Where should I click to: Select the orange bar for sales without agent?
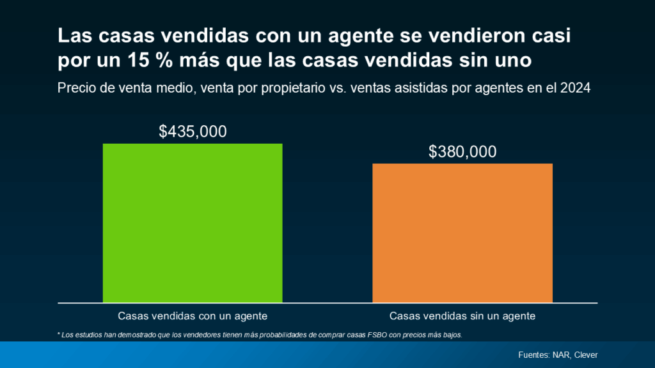[462, 233]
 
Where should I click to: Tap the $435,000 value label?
[193, 132]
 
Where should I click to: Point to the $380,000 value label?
[462, 152]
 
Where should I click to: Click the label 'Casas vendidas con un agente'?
[193, 316]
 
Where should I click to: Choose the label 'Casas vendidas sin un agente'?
[462, 316]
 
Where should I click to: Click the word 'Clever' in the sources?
[586, 355]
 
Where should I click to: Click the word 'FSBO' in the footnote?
[360, 335]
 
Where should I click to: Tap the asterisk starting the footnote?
[59, 334]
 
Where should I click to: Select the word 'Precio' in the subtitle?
[75, 88]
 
